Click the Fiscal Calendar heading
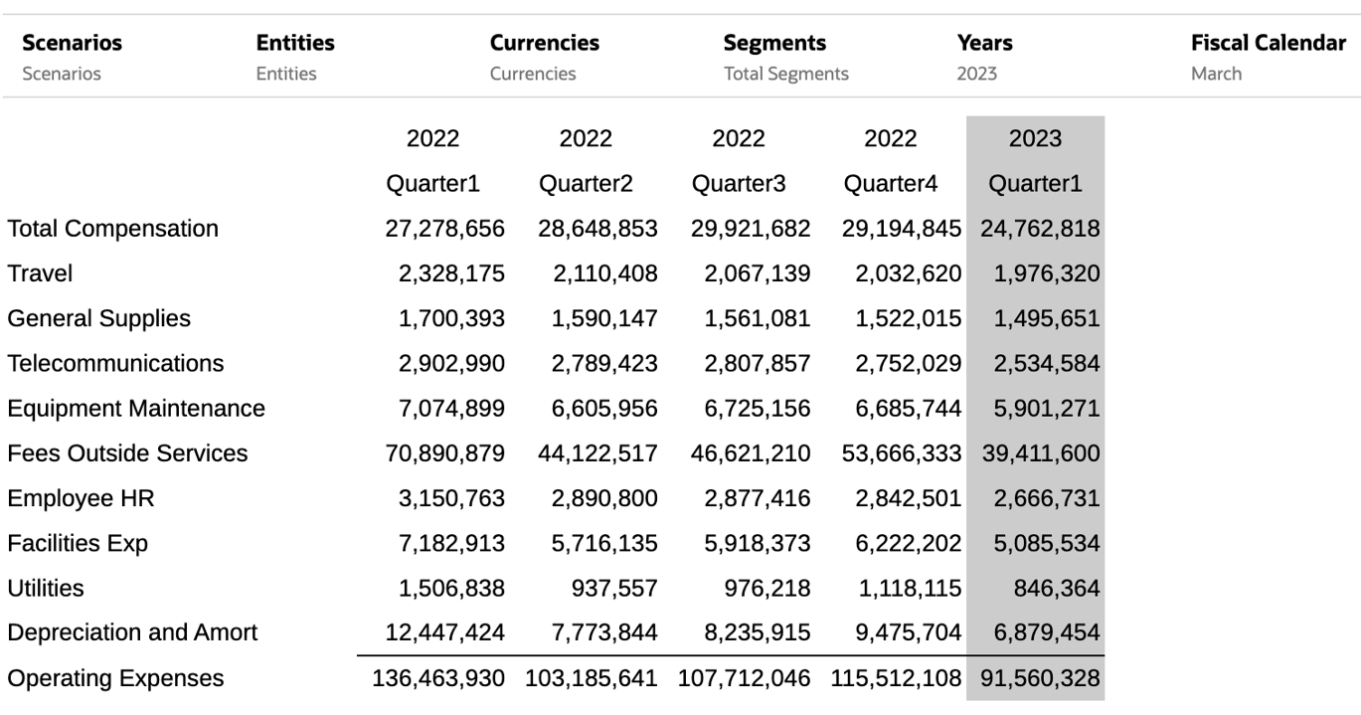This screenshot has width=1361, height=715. pyautogui.click(x=1268, y=43)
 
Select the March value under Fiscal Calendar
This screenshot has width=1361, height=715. pyautogui.click(x=1216, y=74)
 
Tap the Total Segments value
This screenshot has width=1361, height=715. pyautogui.click(x=785, y=74)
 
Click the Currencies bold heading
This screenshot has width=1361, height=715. pyautogui.click(x=544, y=43)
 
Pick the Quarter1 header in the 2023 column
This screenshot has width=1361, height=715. pyautogui.click(x=1035, y=184)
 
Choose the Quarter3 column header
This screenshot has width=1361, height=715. pyautogui.click(x=738, y=184)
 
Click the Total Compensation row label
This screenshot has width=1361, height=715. pyautogui.click(x=112, y=229)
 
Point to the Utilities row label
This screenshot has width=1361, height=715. pyautogui.click(x=46, y=589)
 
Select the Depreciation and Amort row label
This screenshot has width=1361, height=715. pyautogui.click(x=132, y=632)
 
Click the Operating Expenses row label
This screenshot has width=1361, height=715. pyautogui.click(x=115, y=678)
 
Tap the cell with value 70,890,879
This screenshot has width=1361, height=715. pyautogui.click(x=444, y=453)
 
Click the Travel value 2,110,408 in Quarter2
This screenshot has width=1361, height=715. pyautogui.click(x=605, y=273)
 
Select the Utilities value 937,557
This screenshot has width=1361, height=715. pyautogui.click(x=613, y=589)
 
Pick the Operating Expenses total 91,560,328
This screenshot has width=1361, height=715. pyautogui.click(x=1040, y=678)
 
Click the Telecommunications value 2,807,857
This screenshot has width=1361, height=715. pyautogui.click(x=757, y=364)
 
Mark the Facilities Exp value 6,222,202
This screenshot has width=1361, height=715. pyautogui.click(x=908, y=544)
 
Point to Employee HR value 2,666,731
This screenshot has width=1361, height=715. pyautogui.click(x=1046, y=499)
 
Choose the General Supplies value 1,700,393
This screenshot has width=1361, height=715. pyautogui.click(x=451, y=319)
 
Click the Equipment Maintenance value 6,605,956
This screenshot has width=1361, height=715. pyautogui.click(x=605, y=409)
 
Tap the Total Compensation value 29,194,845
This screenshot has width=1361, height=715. pyautogui.click(x=902, y=229)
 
